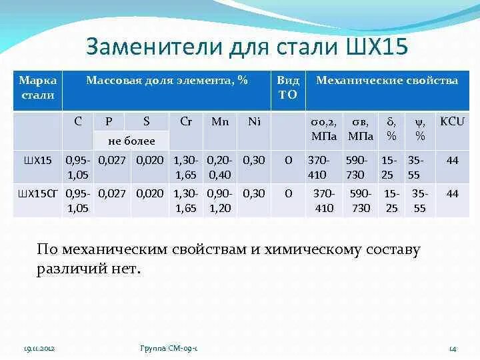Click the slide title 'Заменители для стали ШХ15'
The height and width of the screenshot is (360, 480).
(247, 47)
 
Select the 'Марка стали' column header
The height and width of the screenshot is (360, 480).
(37, 87)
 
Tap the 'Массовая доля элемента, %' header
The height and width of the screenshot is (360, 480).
(167, 80)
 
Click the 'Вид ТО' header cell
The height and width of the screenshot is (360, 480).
(288, 87)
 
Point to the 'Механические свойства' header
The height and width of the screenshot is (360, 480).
(387, 80)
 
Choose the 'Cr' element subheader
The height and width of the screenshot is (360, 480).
(187, 121)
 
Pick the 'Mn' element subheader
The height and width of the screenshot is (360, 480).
(220, 121)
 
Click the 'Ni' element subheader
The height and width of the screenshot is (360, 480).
(254, 121)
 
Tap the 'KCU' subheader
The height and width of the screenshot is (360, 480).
(452, 121)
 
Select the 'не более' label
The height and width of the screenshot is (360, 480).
(131, 141)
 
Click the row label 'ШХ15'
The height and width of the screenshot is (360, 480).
(37, 161)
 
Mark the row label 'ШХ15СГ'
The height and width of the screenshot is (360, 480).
(37, 193)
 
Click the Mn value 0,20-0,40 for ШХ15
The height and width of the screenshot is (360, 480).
(220, 167)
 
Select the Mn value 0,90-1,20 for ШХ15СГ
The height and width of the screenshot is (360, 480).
(220, 200)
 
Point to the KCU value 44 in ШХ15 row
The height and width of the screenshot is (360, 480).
(453, 161)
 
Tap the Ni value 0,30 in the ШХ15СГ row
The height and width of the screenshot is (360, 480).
(254, 193)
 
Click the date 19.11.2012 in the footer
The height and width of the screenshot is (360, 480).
(39, 349)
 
